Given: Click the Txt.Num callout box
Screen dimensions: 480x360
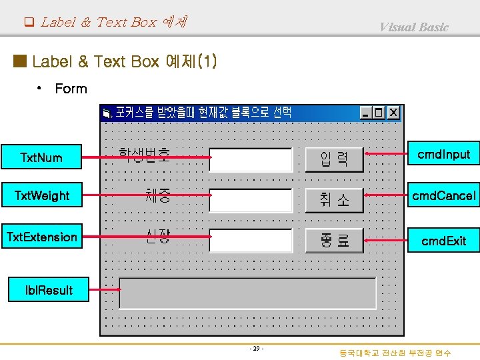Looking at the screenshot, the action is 41,157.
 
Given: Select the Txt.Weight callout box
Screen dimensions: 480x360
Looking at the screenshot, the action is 41,195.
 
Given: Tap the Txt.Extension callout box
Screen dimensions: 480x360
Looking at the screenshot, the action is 41,237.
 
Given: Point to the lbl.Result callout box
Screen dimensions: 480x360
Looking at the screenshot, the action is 49,290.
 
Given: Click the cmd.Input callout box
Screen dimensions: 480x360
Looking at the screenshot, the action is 443,155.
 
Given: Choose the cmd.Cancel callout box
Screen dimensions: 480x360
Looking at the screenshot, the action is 443,195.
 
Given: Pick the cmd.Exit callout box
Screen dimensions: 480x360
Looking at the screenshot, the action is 443,241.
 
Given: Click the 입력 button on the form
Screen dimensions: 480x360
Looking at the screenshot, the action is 334,160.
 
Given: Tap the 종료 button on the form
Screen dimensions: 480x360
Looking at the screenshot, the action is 334,241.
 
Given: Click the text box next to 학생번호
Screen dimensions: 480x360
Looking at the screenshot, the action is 251,160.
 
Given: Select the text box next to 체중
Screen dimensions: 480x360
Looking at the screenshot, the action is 251,200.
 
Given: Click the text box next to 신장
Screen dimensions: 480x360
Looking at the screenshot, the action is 251,241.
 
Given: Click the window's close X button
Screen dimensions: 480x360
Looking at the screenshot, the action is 393,113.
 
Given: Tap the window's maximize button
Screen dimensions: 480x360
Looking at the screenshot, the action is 379,113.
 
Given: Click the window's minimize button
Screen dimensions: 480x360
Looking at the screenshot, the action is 366,113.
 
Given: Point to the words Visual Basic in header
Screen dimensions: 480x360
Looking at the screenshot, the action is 414,27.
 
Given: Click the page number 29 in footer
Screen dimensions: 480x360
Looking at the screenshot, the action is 256,349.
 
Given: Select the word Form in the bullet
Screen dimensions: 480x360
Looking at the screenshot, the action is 71,89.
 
